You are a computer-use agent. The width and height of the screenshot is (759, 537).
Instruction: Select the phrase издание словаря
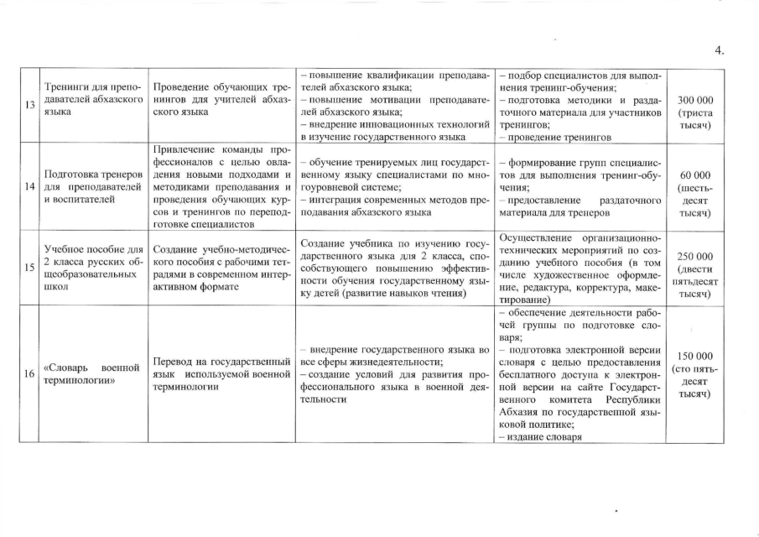tap(542, 436)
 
